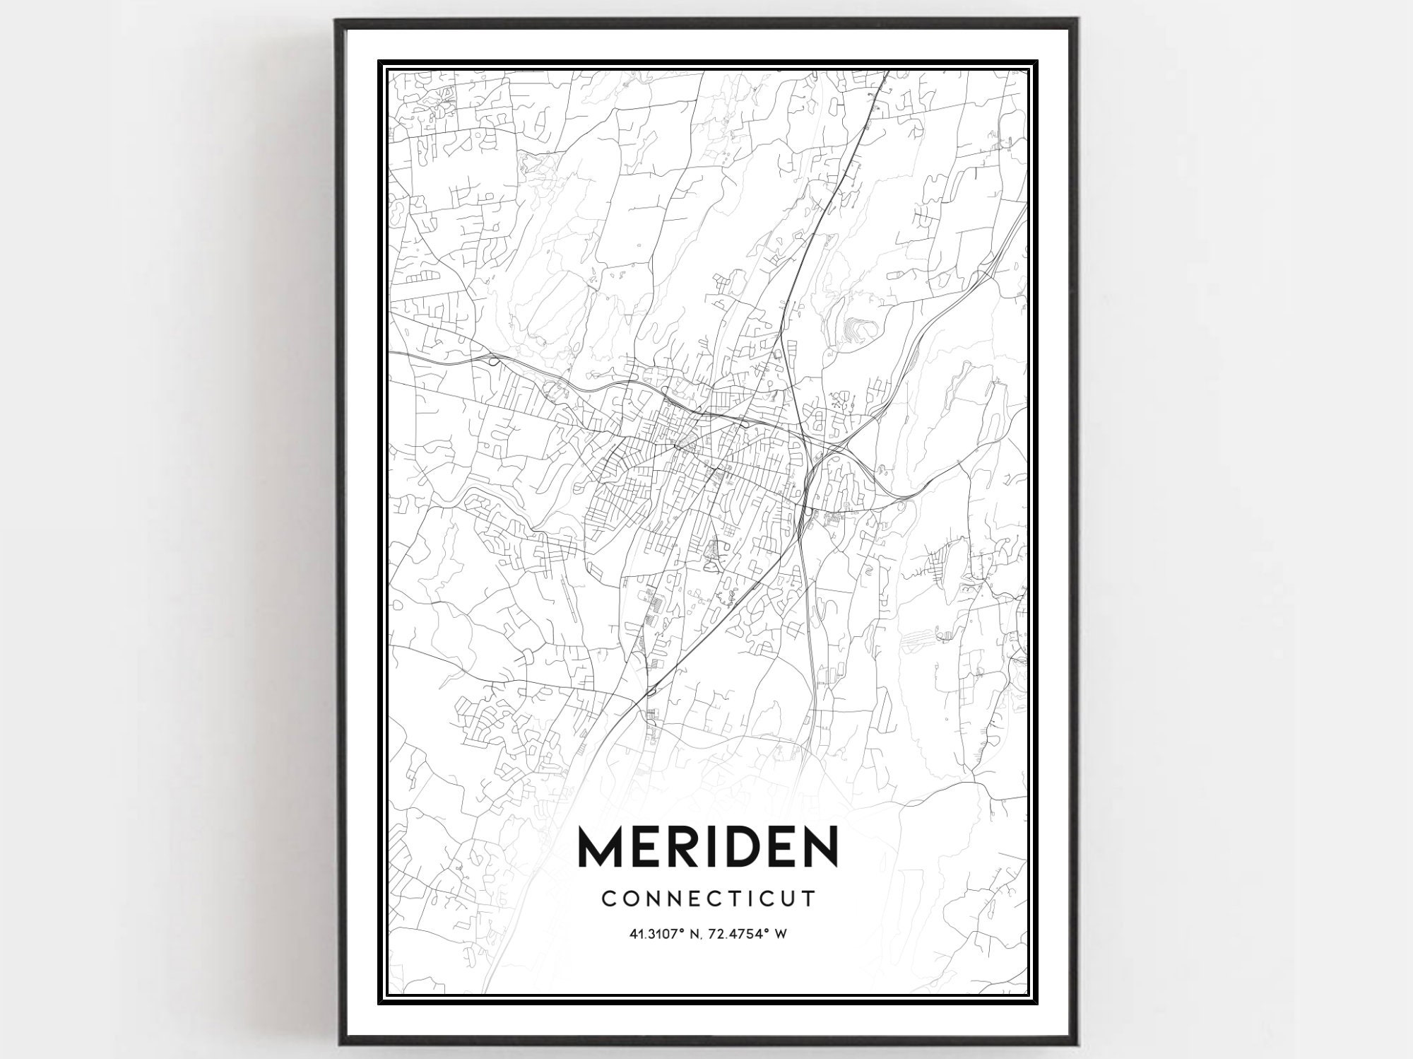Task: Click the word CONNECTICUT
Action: [x=709, y=899]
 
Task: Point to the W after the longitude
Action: [x=781, y=934]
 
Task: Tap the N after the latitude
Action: [x=696, y=934]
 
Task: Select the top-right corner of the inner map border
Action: [x=1027, y=71]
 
